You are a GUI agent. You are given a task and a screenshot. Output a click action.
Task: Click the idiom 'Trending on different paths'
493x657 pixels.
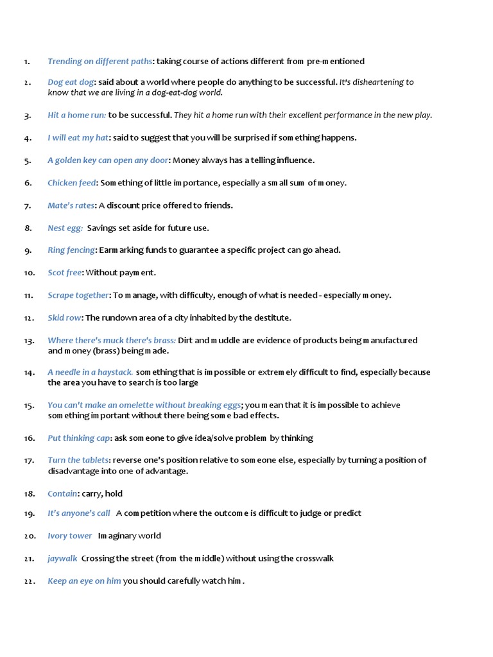(100, 62)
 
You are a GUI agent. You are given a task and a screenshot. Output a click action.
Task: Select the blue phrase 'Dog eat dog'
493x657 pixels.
(71, 82)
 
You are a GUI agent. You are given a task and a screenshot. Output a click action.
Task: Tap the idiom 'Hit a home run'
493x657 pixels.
(76, 115)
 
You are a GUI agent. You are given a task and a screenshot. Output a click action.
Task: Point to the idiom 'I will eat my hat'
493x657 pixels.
(78, 138)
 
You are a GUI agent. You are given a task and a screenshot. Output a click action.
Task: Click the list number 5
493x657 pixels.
(28, 160)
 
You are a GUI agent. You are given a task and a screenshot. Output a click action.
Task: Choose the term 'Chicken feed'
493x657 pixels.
(71, 183)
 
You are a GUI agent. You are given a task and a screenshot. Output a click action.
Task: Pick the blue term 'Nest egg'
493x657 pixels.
(65, 228)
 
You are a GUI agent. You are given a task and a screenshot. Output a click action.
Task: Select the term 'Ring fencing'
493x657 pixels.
(71, 250)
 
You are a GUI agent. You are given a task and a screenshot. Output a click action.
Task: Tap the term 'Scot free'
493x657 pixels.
(64, 273)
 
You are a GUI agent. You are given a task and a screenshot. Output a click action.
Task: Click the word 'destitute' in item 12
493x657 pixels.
(272, 318)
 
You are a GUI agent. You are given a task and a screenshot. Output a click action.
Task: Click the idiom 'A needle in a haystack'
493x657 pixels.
(90, 372)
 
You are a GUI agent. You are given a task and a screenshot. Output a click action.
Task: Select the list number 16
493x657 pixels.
(29, 438)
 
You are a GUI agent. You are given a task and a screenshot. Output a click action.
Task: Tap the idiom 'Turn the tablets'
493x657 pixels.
(78, 460)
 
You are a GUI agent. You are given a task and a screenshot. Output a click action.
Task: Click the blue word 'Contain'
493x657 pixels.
(62, 493)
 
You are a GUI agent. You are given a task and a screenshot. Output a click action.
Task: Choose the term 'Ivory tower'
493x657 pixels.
(69, 536)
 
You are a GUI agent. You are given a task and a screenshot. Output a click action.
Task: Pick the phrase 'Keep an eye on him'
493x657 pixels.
(84, 581)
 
